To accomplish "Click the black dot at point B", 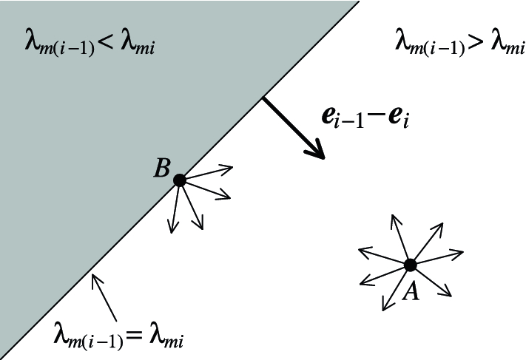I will pyautogui.click(x=179, y=180).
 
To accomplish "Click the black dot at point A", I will pyautogui.click(x=411, y=265).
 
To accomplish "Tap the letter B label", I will pyautogui.click(x=162, y=169).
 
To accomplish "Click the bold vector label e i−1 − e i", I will pyautogui.click(x=365, y=119).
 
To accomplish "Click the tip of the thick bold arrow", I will pyautogui.click(x=323, y=157).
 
